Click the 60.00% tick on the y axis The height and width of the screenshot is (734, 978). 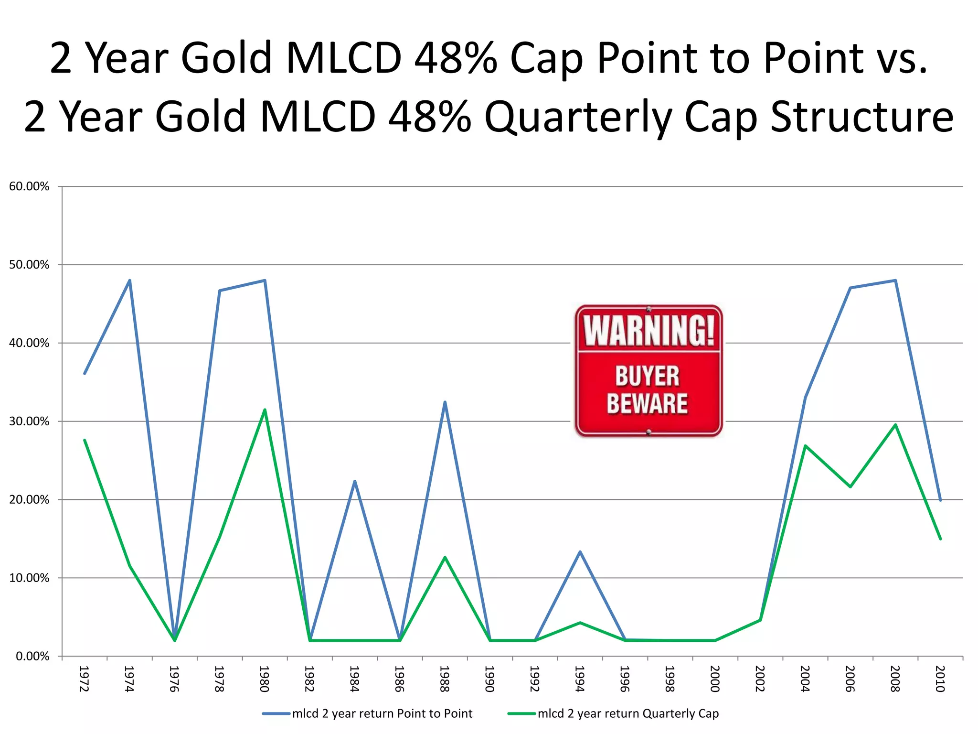tap(29, 186)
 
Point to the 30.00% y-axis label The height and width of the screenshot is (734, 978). tap(29, 421)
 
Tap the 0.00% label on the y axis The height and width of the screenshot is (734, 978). tap(32, 656)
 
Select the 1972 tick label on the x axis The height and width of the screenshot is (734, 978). tap(84, 679)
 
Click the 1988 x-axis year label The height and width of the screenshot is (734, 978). tap(445, 679)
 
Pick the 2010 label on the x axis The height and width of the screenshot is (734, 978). tap(940, 679)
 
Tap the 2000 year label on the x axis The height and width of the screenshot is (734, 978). tap(715, 679)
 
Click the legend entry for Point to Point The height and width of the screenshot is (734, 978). tap(382, 713)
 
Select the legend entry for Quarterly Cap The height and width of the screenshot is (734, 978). tap(627, 713)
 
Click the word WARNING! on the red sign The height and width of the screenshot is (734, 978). tap(648, 330)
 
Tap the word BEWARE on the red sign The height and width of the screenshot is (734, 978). tap(648, 404)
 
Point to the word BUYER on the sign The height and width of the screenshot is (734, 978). tap(648, 376)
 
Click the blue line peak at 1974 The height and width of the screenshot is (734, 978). tap(129, 281)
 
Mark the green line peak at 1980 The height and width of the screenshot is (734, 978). tap(265, 410)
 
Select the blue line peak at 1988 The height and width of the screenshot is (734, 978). tap(445, 402)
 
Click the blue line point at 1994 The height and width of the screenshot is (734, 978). tap(580, 552)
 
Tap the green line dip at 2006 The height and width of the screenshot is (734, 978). tap(850, 486)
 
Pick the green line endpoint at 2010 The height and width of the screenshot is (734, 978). tap(940, 539)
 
